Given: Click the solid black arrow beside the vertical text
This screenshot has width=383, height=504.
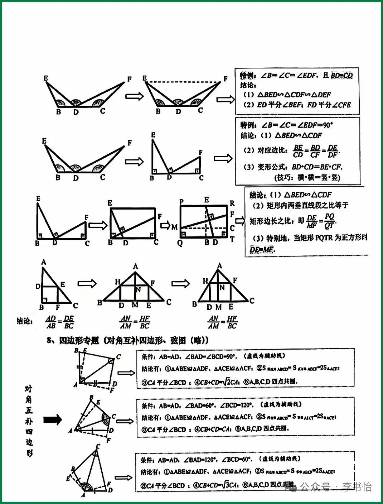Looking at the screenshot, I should click(53, 419).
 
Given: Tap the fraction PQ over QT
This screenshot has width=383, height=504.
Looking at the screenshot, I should click(329, 221).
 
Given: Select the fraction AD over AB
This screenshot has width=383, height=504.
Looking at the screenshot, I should click(51, 322).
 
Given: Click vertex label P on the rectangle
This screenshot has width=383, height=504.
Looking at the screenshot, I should click(182, 202).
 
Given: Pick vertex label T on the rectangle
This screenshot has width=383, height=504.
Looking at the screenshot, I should click(232, 239).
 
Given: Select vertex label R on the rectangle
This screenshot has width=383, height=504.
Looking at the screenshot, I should click(232, 203).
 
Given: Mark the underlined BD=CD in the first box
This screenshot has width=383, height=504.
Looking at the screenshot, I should click(342, 76).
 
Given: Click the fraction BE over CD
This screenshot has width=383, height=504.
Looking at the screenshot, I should click(298, 151).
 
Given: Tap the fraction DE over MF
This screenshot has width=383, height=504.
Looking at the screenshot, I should click(312, 221).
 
